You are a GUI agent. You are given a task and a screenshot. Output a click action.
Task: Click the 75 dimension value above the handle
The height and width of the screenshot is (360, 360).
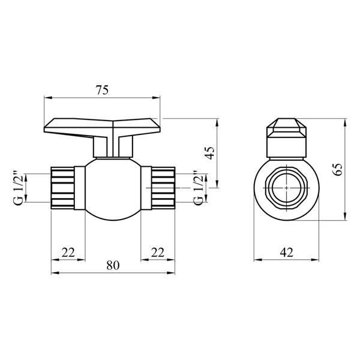click(x=102, y=90)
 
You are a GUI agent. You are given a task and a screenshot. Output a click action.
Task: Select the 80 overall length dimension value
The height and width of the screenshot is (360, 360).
click(x=113, y=265)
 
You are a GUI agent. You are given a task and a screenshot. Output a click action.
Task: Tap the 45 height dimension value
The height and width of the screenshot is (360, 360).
click(x=211, y=152)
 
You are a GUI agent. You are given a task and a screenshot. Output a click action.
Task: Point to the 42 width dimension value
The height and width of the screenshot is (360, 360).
click(x=287, y=253)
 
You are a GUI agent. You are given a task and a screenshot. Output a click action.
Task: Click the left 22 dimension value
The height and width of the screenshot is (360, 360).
click(x=68, y=253)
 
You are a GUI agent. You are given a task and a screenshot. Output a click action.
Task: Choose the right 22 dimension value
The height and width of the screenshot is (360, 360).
click(x=158, y=253)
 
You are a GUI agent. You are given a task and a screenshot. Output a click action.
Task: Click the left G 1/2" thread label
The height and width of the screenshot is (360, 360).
click(x=18, y=188)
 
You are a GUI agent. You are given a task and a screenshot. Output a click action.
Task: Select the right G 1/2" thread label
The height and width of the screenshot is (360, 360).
click(x=198, y=188)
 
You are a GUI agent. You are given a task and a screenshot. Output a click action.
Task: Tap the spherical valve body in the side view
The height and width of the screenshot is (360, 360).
click(x=113, y=189)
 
